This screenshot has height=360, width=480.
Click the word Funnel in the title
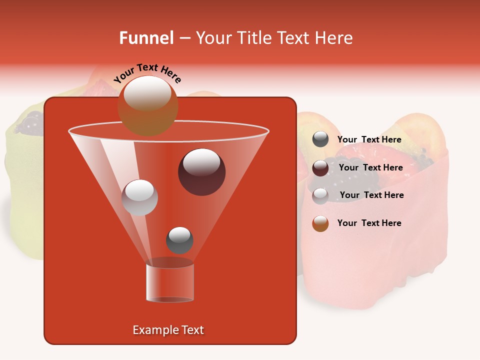click(146, 38)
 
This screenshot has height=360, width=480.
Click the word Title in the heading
click(255, 38)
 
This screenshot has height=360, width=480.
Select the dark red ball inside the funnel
click(201, 171)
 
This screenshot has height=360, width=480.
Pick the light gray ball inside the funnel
click(140, 197)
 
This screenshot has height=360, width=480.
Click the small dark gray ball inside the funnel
click(179, 240)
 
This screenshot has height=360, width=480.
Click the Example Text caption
click(168, 330)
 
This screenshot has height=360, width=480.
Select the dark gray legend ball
click(320, 139)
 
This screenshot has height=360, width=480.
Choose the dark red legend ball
click(320, 168)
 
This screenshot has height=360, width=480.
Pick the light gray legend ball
click(320, 195)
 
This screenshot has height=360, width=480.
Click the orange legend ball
click(320, 223)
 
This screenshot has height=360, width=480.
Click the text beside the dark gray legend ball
click(369, 140)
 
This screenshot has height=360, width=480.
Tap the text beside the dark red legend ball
click(370, 168)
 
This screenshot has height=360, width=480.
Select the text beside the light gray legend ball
click(371, 195)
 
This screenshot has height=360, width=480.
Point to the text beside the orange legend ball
click(369, 223)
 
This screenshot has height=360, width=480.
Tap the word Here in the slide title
click(332, 38)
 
